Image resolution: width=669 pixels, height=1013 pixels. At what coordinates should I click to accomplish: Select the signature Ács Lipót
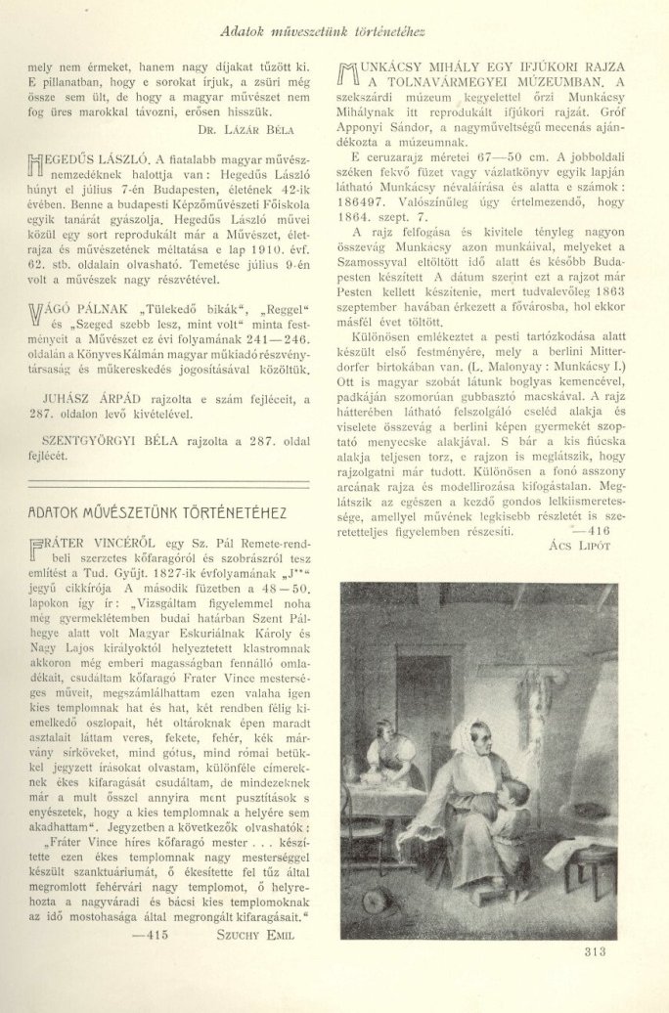click(581, 546)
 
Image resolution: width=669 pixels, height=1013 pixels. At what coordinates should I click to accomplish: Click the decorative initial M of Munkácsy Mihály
click(348, 75)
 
